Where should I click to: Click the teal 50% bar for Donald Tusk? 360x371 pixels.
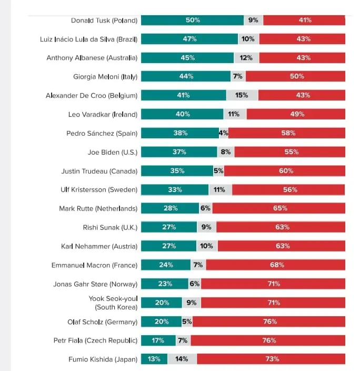192,20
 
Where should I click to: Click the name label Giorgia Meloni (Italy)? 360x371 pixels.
105,77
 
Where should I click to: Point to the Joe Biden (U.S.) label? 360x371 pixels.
112,152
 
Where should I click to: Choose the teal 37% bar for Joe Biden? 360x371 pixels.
179,152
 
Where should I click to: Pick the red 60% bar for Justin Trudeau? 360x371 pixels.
285,171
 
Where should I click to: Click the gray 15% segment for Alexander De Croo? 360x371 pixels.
242,96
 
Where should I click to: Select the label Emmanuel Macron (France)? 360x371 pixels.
94,265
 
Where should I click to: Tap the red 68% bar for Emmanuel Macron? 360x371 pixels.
277,265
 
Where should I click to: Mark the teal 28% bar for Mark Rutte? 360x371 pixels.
170,208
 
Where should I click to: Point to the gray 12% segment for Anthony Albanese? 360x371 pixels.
246,58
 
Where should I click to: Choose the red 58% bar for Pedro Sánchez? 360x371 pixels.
287,133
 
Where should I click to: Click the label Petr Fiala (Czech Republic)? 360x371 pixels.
95,340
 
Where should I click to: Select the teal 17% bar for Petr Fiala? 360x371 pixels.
158,340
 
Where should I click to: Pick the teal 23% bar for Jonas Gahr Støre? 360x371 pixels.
165,284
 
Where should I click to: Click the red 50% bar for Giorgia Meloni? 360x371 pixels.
296,77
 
